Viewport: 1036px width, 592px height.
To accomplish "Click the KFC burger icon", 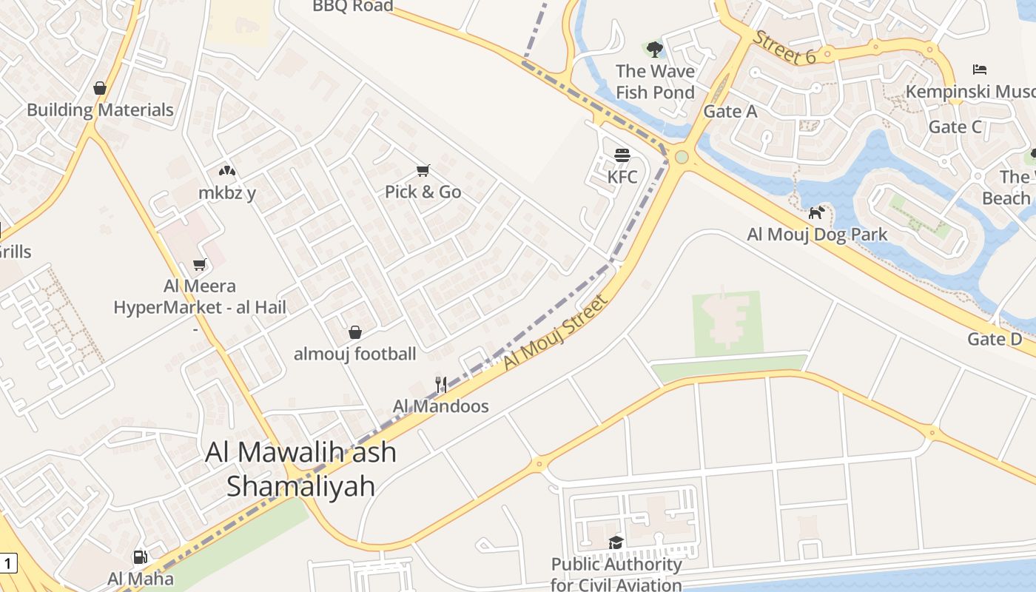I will [622, 155].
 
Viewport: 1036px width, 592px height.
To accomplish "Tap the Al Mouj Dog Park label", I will [817, 235].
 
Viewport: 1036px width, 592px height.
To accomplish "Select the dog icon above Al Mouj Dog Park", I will [816, 213].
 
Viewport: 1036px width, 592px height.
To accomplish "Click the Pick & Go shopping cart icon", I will [423, 171].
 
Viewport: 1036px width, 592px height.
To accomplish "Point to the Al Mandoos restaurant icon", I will [441, 384].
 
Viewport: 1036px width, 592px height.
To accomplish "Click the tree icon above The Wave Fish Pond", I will [654, 50].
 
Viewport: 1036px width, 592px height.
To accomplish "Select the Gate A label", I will [730, 111].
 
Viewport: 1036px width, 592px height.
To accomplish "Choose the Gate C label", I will [955, 127].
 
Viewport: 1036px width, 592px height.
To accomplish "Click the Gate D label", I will [995, 339].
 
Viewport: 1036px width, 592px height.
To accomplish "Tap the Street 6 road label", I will [784, 47].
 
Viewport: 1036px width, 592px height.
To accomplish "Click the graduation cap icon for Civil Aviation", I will [616, 542].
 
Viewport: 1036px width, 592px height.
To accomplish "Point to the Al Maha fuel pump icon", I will [140, 557].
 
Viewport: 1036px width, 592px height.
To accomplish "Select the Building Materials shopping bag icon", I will [100, 89].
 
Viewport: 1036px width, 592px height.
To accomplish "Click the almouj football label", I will [355, 354].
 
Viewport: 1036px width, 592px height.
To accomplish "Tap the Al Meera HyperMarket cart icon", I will [199, 264].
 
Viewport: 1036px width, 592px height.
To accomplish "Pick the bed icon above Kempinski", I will [979, 70].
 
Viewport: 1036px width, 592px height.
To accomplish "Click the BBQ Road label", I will [352, 7].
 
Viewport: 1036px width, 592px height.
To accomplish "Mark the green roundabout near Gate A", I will [682, 157].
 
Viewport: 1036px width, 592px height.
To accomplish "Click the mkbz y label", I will [227, 192].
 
